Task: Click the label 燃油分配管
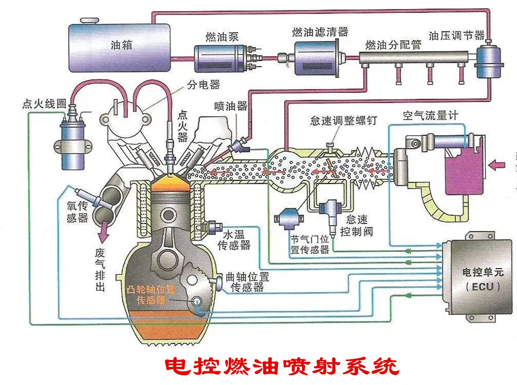[x=392, y=44]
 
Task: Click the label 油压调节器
[x=456, y=35]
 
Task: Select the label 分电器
[x=203, y=84]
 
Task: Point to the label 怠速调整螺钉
[x=343, y=120]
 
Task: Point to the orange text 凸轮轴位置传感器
[x=152, y=294]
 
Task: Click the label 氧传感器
[x=78, y=211]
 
